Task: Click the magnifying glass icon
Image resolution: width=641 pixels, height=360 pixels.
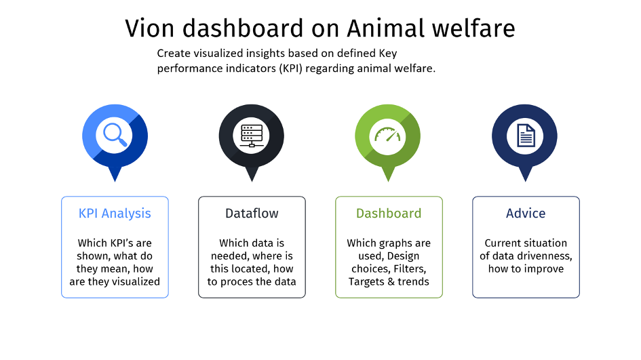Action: tap(115, 135)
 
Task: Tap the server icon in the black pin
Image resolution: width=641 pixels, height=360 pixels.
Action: tap(252, 136)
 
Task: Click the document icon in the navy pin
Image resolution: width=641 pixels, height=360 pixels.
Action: tap(526, 136)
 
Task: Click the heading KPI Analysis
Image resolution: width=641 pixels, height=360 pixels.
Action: tap(115, 214)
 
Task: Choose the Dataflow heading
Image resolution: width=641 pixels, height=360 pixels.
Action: tap(252, 214)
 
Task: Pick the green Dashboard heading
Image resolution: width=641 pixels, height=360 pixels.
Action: tap(389, 214)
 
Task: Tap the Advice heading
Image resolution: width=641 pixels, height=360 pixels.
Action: tap(526, 214)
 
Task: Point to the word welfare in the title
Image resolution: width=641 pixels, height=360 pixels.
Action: tap(473, 28)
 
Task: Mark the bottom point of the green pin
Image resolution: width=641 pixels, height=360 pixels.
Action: tap(388, 182)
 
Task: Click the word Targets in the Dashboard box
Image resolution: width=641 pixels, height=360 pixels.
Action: tap(366, 282)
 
